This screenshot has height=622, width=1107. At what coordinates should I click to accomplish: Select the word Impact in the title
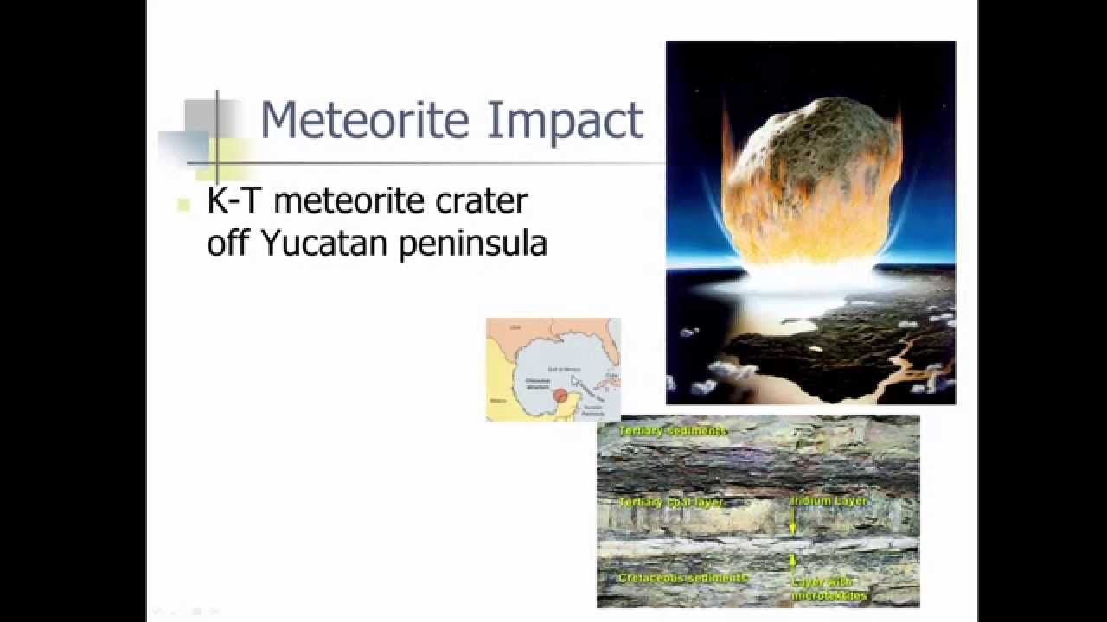click(565, 121)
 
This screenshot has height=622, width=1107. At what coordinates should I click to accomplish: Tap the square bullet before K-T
click(183, 205)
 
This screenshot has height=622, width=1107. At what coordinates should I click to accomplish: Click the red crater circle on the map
click(560, 396)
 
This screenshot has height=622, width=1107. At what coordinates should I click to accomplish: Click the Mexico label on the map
click(498, 401)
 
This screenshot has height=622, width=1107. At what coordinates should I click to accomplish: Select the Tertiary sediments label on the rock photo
click(673, 430)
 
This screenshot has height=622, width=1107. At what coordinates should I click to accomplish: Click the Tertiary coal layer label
click(670, 502)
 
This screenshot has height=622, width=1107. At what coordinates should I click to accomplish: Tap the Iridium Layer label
click(829, 500)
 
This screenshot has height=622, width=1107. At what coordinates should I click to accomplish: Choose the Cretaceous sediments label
click(682, 577)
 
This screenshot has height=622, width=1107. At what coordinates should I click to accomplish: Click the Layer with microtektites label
click(829, 588)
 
